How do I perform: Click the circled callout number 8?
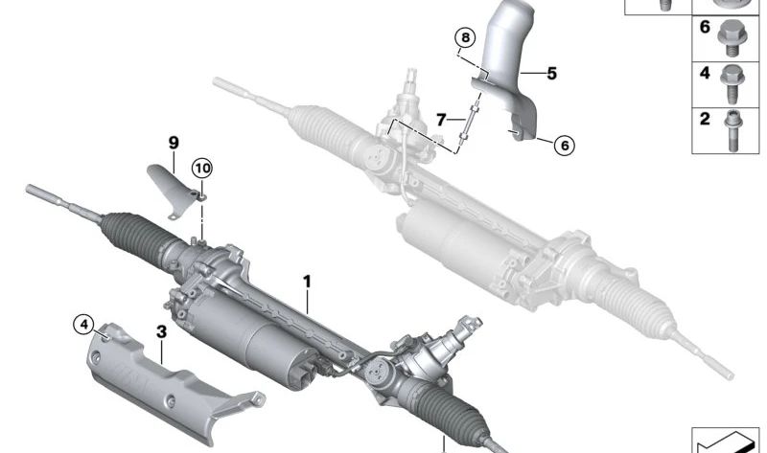(465, 38)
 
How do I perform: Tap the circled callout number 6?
(565, 146)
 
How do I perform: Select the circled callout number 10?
(202, 169)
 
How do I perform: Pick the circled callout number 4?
(83, 324)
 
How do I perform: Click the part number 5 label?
(551, 74)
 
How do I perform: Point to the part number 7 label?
(441, 120)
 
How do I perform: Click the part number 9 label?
(174, 143)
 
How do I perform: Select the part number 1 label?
(307, 282)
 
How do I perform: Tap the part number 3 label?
(161, 331)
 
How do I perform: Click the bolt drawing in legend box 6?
(730, 37)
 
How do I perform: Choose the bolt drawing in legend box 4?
(732, 84)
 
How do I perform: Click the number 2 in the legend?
(705, 119)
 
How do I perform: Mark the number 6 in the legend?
(705, 27)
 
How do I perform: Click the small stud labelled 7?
(468, 122)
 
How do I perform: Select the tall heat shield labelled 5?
(509, 68)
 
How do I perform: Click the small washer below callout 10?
(201, 197)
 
